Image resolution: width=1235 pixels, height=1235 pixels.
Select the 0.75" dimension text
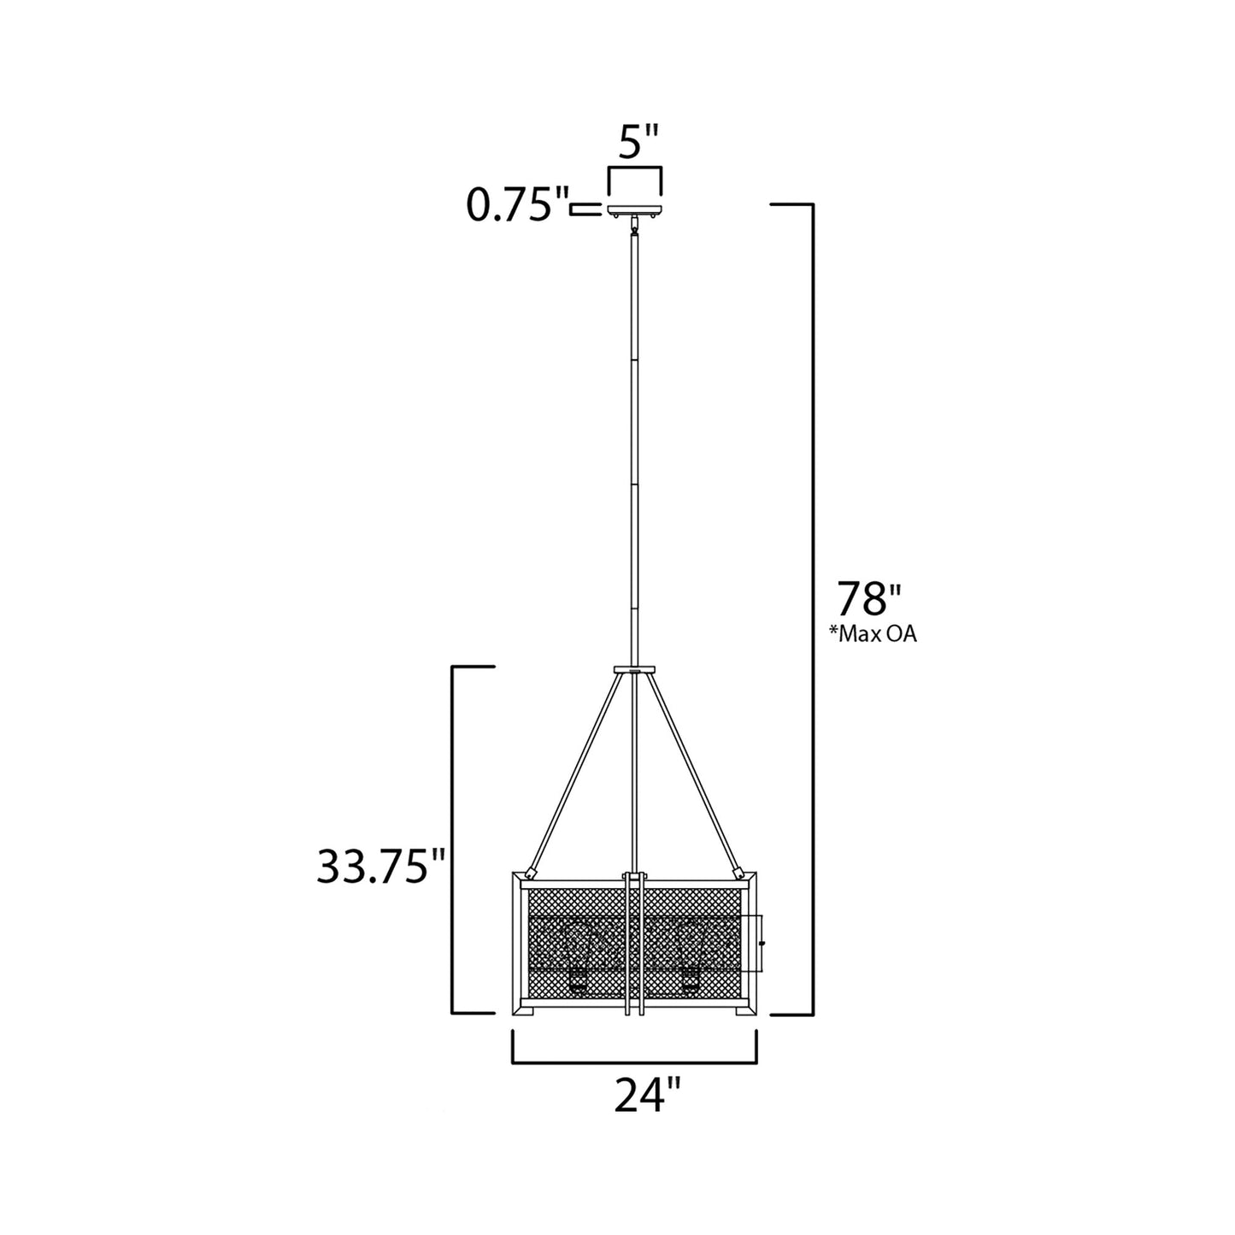[x=517, y=207]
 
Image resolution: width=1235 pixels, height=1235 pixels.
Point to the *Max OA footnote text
[x=873, y=634]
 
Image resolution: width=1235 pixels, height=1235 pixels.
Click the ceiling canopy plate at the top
[x=634, y=209]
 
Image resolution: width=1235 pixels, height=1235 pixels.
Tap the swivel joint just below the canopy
[x=634, y=227]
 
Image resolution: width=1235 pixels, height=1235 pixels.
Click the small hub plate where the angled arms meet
[x=633, y=669]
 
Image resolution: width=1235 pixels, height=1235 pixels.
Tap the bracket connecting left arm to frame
[x=531, y=873]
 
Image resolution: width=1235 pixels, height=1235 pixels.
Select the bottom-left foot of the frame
[x=523, y=1010]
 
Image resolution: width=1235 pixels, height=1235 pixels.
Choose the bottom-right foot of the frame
[x=745, y=1010]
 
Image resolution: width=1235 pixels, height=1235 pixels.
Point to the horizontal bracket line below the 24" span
[x=634, y=1063]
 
